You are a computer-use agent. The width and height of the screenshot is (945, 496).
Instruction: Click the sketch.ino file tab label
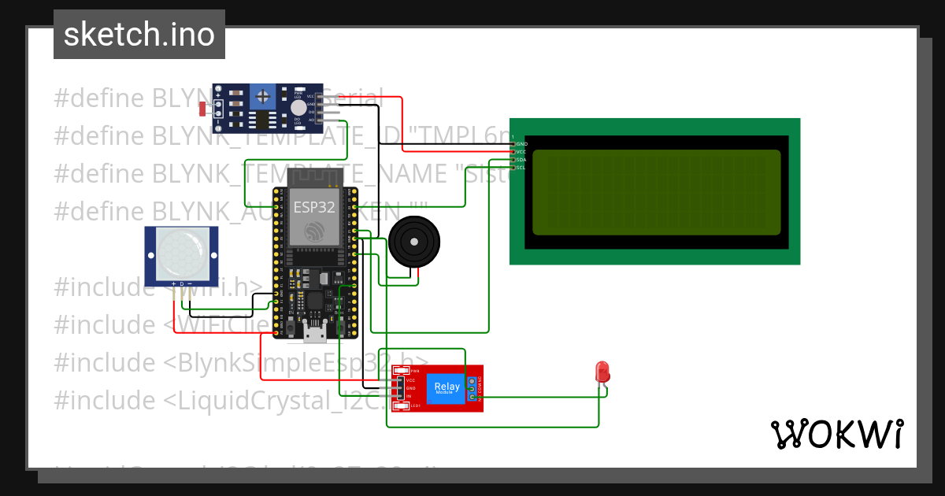139,35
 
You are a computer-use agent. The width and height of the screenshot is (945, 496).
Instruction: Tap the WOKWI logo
836,434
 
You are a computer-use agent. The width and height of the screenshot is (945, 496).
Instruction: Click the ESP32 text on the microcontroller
314,207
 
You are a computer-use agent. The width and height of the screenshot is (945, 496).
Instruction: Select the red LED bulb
602,372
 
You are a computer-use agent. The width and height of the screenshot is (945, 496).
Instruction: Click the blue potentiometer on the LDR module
263,98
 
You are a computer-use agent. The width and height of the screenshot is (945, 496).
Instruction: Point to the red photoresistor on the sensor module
203,109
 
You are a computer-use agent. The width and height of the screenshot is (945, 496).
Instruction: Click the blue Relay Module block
447,387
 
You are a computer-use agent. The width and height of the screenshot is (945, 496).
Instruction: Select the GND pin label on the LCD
521,144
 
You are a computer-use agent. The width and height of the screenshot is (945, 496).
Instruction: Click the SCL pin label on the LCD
521,167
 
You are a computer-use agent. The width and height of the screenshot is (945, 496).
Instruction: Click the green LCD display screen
656,192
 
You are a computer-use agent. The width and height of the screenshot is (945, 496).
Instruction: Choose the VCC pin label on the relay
410,380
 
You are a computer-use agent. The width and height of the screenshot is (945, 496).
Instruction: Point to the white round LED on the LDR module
298,109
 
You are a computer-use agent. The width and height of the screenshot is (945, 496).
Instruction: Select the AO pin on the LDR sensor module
312,120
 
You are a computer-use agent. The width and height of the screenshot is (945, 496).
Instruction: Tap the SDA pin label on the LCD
521,160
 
